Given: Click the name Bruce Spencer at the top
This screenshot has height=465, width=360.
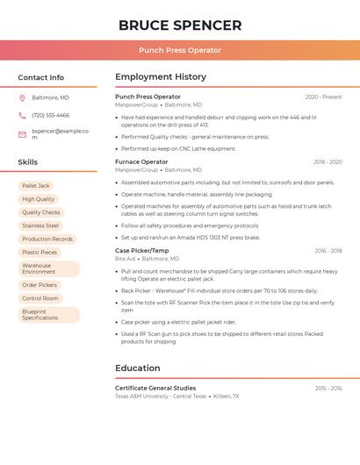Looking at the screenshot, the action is [x=180, y=25].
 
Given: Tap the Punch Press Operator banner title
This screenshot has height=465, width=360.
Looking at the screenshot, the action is [x=180, y=50].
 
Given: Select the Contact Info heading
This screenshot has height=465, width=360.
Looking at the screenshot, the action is [x=41, y=77].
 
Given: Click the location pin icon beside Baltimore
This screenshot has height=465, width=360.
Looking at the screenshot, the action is [x=22, y=97].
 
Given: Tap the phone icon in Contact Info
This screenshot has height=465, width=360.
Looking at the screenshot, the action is [x=22, y=116].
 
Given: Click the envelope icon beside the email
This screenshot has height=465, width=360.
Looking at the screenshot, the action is [x=22, y=134].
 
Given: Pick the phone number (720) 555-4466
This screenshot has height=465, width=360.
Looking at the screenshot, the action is [x=51, y=116].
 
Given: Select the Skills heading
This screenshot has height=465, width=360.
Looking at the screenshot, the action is [x=28, y=162].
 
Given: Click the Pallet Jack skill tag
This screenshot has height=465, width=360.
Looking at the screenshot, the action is [x=36, y=186].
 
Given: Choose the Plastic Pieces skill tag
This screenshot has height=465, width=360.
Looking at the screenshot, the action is [x=40, y=252].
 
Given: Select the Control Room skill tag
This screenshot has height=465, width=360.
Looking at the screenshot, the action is [x=40, y=298].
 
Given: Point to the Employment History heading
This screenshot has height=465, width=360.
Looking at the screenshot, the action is [x=161, y=77].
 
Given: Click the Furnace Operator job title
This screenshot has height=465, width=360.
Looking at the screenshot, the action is [x=141, y=161].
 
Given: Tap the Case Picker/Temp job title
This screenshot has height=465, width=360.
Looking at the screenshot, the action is [x=142, y=250].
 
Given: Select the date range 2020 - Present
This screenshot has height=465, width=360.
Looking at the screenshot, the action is [x=323, y=97].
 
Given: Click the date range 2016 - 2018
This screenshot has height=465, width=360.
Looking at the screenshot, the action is [x=328, y=251].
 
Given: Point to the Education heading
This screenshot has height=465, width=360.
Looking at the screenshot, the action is [x=138, y=368].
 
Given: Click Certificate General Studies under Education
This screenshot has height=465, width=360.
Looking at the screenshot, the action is [x=155, y=388].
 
